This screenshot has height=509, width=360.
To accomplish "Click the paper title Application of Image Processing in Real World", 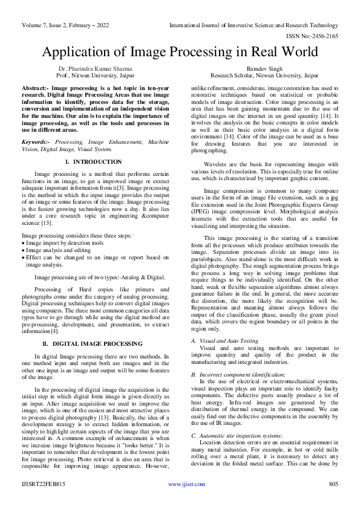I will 180,52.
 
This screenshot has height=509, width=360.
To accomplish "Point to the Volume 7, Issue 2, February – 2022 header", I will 67,25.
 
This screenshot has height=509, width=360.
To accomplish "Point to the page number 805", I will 332,484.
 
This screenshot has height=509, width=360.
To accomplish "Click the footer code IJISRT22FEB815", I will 43,484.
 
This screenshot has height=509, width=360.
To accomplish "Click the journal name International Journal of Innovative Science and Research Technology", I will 254,25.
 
